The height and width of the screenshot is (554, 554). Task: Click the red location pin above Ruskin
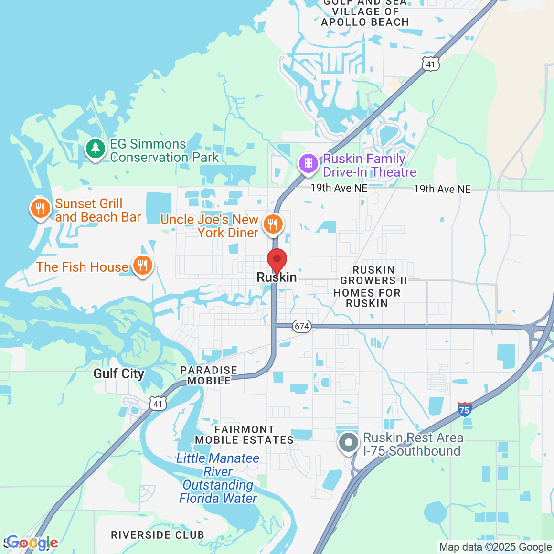tap(277, 260)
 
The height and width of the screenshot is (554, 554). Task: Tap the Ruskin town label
tap(277, 277)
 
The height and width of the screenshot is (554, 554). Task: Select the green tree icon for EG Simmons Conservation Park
tap(96, 149)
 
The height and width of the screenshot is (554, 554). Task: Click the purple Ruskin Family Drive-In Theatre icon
tap(309, 164)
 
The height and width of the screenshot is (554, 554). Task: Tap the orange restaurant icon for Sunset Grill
tap(41, 209)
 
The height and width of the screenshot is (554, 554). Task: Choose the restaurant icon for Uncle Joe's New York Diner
tap(273, 224)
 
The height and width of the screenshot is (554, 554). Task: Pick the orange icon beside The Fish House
tap(142, 265)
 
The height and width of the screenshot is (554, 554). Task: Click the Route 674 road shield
tap(302, 326)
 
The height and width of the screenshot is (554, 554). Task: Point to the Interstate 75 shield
tap(465, 409)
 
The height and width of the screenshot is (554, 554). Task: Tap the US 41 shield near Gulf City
tap(158, 404)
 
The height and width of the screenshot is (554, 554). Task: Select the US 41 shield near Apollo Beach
tap(431, 64)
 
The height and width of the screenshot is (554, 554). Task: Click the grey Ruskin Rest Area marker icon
tap(349, 442)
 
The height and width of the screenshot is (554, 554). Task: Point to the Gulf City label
tap(118, 373)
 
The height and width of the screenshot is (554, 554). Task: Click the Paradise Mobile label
tap(209, 375)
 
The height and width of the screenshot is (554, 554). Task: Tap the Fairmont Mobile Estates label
tap(244, 435)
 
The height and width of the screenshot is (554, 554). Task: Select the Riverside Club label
tap(158, 535)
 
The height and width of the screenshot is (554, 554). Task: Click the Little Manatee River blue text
tap(218, 478)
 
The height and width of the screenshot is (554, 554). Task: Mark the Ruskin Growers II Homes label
tap(368, 287)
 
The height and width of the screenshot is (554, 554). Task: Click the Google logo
tap(32, 543)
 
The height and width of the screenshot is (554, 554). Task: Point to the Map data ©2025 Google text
tap(495, 547)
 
